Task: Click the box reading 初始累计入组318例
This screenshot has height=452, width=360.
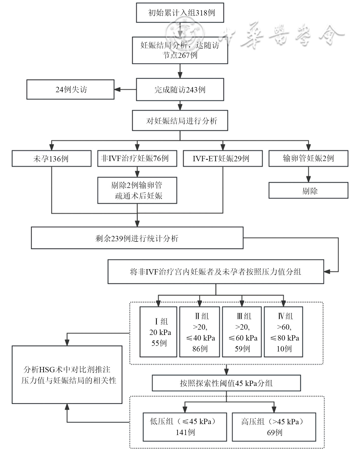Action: click(x=180, y=13)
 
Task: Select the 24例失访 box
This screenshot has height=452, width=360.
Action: click(x=70, y=89)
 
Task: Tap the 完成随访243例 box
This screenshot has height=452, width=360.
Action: click(x=180, y=89)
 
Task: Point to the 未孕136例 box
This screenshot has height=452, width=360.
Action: click(x=51, y=158)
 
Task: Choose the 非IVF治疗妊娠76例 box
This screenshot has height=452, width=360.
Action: click(x=137, y=158)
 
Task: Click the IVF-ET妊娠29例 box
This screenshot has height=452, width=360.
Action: click(x=223, y=158)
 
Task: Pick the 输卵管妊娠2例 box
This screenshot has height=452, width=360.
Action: click(x=308, y=158)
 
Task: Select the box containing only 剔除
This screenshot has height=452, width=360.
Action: click(x=308, y=190)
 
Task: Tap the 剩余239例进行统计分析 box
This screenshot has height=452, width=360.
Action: click(x=137, y=238)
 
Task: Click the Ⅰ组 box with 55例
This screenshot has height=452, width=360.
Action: click(x=158, y=332)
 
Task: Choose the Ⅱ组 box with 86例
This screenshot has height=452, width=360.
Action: click(x=199, y=332)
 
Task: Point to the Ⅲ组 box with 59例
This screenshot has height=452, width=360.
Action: click(x=242, y=332)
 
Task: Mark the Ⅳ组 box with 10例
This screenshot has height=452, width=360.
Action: click(x=284, y=332)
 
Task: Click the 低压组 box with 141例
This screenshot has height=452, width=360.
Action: click(x=185, y=427)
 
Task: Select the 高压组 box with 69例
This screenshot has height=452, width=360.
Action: click(x=274, y=427)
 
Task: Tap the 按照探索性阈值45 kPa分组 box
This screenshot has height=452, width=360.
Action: click(x=226, y=383)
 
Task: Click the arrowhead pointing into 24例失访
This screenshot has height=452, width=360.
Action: click(x=117, y=89)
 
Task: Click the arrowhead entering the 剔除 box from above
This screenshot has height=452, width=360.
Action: click(x=308, y=179)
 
